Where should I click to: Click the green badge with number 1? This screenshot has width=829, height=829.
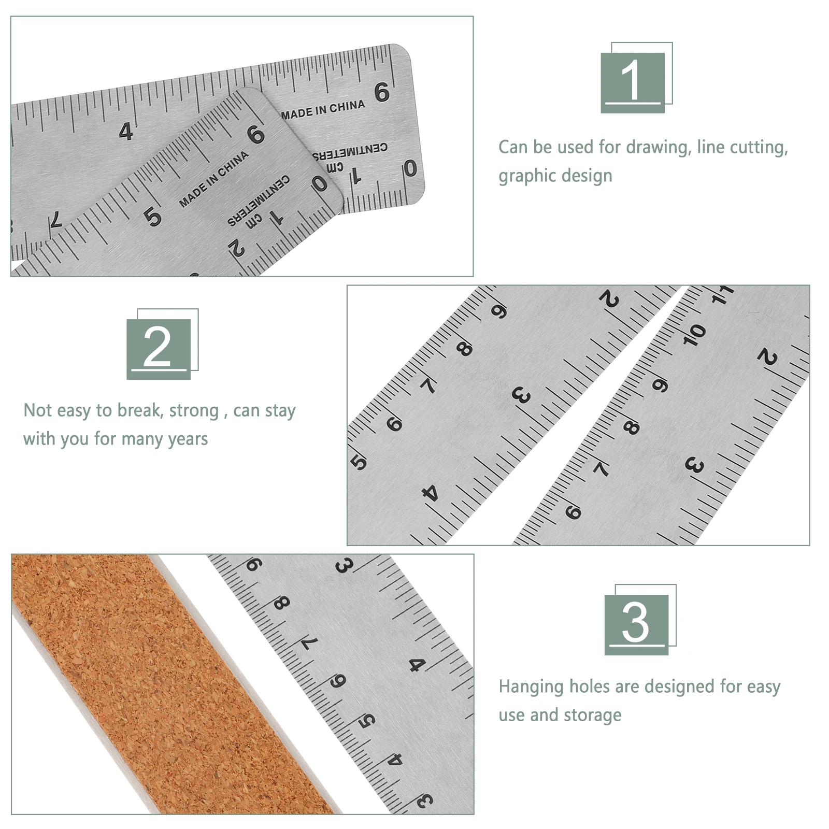click(x=633, y=82)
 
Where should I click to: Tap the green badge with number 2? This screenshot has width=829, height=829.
click(x=159, y=348)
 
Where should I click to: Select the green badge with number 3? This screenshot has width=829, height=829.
click(x=636, y=624)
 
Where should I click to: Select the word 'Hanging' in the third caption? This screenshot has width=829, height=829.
click(x=531, y=687)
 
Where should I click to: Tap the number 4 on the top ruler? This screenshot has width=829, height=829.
click(x=126, y=132)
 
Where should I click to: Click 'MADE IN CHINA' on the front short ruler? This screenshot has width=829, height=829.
click(x=213, y=179)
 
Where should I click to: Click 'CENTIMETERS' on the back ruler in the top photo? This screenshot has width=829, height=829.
click(x=350, y=151)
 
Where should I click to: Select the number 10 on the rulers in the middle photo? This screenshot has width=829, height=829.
click(x=694, y=335)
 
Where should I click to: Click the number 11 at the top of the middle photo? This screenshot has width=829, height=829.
click(x=723, y=294)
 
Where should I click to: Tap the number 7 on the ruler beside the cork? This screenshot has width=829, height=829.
click(x=310, y=643)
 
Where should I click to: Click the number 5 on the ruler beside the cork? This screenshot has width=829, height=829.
click(x=367, y=720)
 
